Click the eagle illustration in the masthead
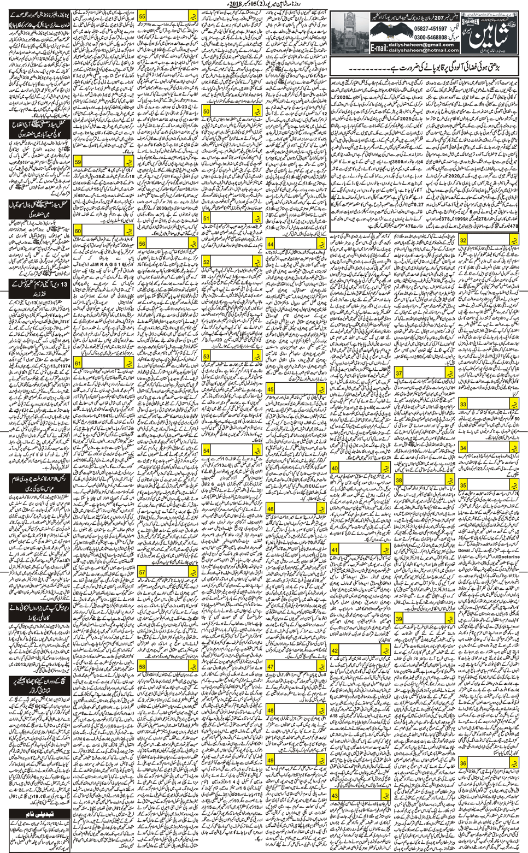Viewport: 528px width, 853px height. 391,31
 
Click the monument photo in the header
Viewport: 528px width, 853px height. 350,33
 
